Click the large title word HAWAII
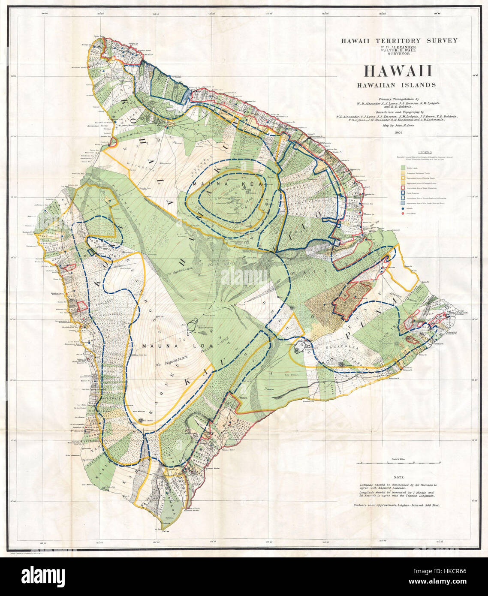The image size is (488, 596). tap(398, 71)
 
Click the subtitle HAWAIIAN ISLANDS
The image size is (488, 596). tap(399, 85)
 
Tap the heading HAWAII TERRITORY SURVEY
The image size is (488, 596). tap(399, 41)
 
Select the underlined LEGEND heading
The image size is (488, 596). tap(425, 152)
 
